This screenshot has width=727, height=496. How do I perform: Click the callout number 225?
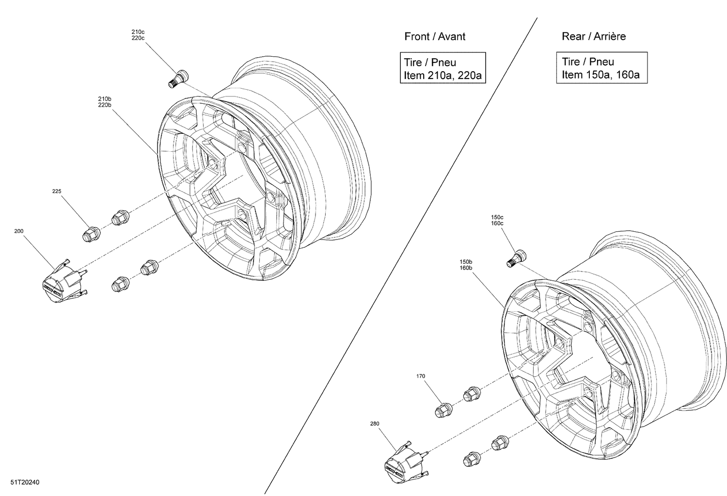[57, 192]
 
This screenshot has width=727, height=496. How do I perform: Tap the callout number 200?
[19, 231]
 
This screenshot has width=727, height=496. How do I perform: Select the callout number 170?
[421, 376]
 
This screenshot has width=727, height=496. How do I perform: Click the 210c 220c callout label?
[138, 35]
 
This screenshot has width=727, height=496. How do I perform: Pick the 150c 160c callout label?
[497, 220]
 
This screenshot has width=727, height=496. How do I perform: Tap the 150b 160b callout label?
[466, 265]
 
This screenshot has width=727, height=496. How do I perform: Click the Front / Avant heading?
[435, 36]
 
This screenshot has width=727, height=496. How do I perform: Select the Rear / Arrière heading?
[593, 36]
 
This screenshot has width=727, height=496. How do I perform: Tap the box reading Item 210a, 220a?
[443, 68]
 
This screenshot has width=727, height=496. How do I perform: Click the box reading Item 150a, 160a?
[601, 68]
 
